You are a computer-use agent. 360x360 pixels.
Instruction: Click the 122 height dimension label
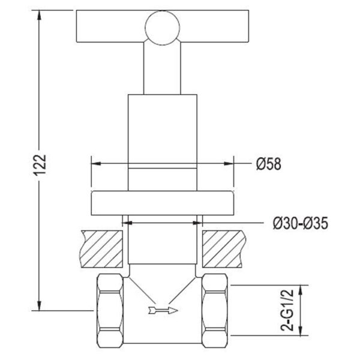click(x=40, y=165)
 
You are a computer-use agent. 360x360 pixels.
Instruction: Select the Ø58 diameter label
click(x=269, y=164)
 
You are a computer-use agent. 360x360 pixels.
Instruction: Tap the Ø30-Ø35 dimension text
click(x=301, y=223)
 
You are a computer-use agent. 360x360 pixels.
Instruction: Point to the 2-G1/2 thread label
click(x=287, y=310)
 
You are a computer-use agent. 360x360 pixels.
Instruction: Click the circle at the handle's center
click(x=163, y=28)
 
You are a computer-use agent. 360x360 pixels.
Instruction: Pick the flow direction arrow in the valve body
click(x=163, y=311)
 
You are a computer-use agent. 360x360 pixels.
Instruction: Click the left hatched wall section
click(x=101, y=249)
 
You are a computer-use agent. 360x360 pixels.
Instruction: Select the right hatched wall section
click(x=224, y=249)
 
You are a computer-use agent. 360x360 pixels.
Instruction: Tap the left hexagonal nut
click(x=110, y=311)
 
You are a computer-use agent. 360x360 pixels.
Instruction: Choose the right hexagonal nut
click(x=215, y=311)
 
